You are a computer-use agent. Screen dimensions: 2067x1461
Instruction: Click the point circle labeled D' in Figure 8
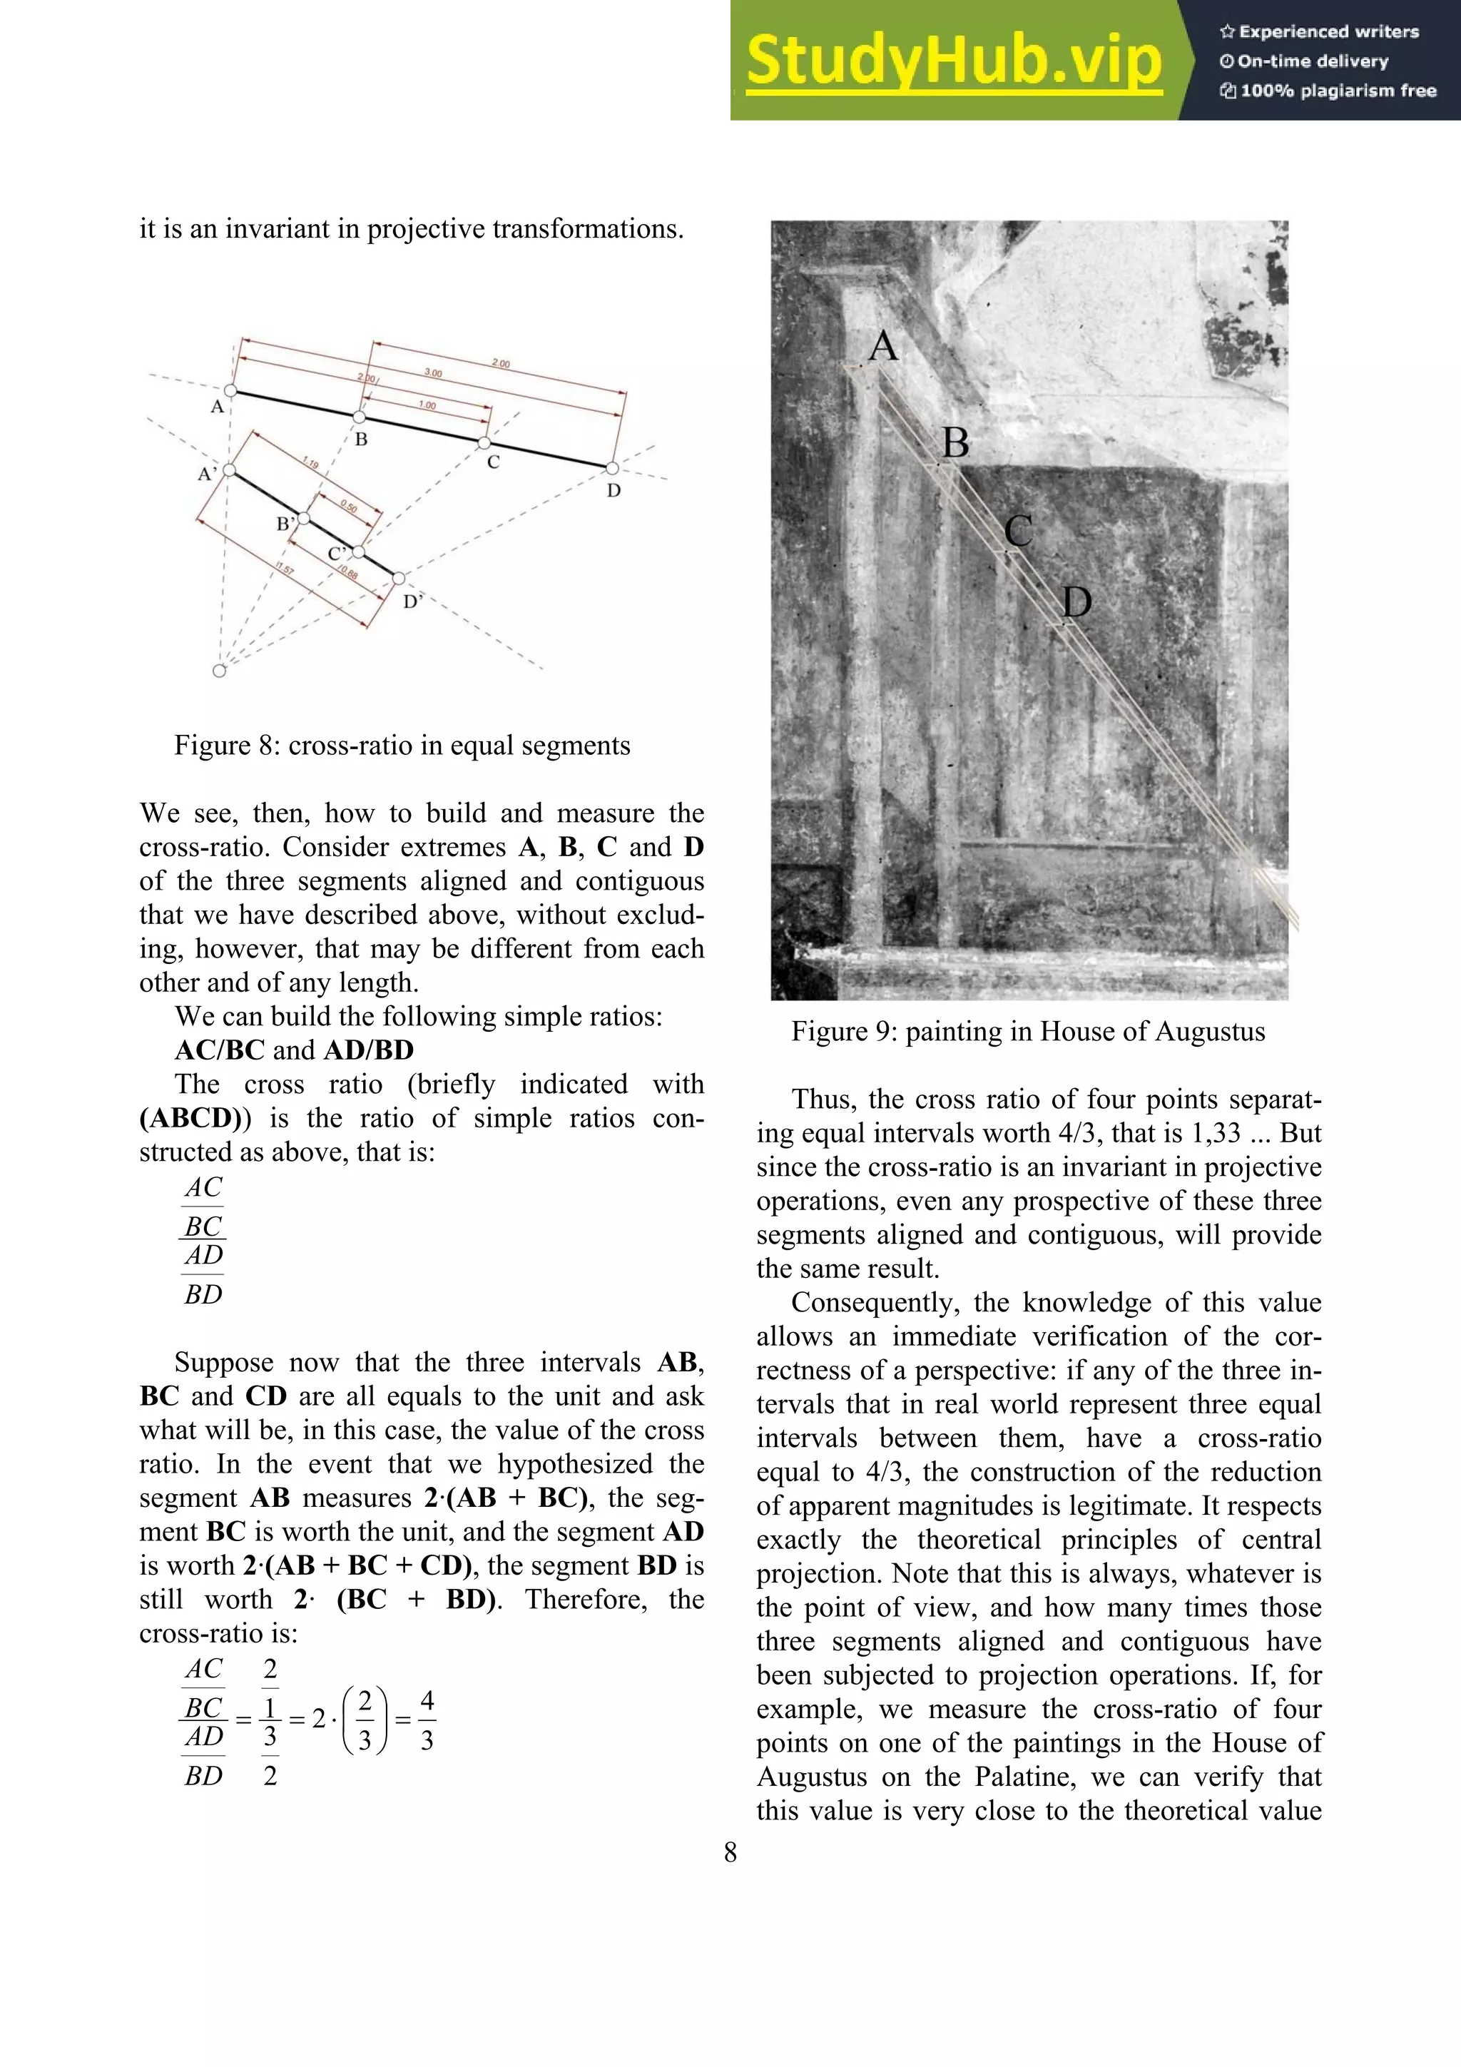pos(399,579)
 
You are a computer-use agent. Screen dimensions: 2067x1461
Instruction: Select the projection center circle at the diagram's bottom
pos(219,670)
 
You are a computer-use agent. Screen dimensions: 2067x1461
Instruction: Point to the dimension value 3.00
pos(433,372)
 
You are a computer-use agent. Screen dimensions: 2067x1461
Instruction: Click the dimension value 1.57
pos(285,568)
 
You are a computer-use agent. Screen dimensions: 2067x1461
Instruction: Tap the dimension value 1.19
pos(310,464)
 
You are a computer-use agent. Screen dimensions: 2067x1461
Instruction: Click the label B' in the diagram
pos(285,524)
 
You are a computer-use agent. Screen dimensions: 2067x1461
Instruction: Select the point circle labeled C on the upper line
pos(484,443)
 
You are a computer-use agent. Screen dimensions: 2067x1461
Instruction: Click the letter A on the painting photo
pos(883,347)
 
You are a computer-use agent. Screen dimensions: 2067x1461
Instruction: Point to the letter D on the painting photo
pos(1076,602)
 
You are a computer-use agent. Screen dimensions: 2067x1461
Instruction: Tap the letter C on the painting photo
pos(1018,530)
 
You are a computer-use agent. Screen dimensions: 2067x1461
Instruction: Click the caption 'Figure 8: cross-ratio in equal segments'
pos(402,746)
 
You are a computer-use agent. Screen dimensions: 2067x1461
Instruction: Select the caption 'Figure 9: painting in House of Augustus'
pos(1028,1031)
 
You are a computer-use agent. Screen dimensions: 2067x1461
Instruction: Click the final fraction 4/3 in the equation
pos(427,1720)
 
